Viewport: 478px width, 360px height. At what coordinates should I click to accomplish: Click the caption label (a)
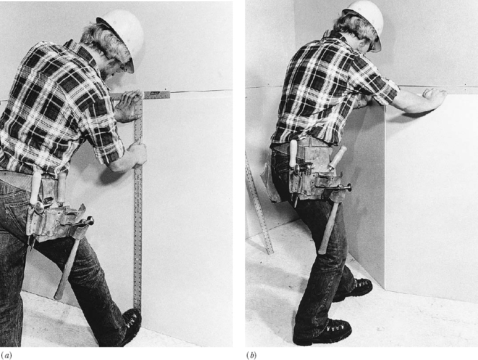[6, 355]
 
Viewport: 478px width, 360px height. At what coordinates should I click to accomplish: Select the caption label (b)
[251, 355]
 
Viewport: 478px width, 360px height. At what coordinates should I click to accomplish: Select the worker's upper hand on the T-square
[127, 106]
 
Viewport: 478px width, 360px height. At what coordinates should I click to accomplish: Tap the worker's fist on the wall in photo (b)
[434, 98]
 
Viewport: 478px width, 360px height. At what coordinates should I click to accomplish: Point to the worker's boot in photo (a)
[131, 326]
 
